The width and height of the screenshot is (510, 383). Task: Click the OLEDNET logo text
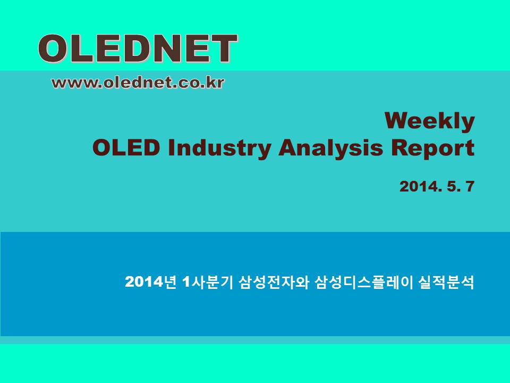tap(138, 48)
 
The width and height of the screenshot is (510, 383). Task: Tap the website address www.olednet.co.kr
tap(138, 83)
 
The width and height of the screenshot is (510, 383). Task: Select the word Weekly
tap(430, 121)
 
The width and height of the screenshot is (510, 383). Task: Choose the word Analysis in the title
tap(331, 149)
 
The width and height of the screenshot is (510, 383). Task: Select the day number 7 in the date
tap(470, 186)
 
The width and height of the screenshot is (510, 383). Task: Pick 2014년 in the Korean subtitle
tap(150, 282)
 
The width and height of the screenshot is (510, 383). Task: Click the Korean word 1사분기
tap(208, 282)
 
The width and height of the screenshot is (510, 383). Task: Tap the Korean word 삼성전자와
tap(274, 282)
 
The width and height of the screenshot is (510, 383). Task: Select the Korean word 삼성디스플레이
tap(363, 282)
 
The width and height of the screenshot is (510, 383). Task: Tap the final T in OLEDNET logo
tap(224, 48)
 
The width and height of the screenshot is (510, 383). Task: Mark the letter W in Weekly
tap(398, 121)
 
